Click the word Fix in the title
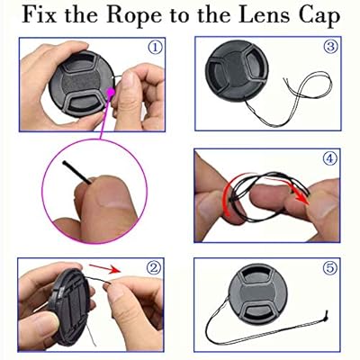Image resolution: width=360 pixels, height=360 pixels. point(40,14)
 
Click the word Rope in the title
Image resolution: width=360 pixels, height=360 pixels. point(135,16)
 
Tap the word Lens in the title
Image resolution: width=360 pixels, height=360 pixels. point(265,14)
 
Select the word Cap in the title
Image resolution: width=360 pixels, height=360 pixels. point(319,16)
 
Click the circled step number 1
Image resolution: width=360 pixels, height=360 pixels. point(155,48)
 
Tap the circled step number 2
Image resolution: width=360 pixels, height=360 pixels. point(154,267)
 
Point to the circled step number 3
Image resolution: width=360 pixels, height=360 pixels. point(330,47)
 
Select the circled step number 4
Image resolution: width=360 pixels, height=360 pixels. point(329,158)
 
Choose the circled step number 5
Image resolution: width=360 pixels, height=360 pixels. point(329,267)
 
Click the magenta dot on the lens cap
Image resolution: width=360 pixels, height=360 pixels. point(111,92)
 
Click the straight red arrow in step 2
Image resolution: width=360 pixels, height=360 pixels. point(104,268)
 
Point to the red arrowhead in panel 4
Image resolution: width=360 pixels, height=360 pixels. point(303,199)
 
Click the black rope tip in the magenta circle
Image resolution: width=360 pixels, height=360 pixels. point(64,163)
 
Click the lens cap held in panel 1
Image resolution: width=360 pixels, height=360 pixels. point(81,85)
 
